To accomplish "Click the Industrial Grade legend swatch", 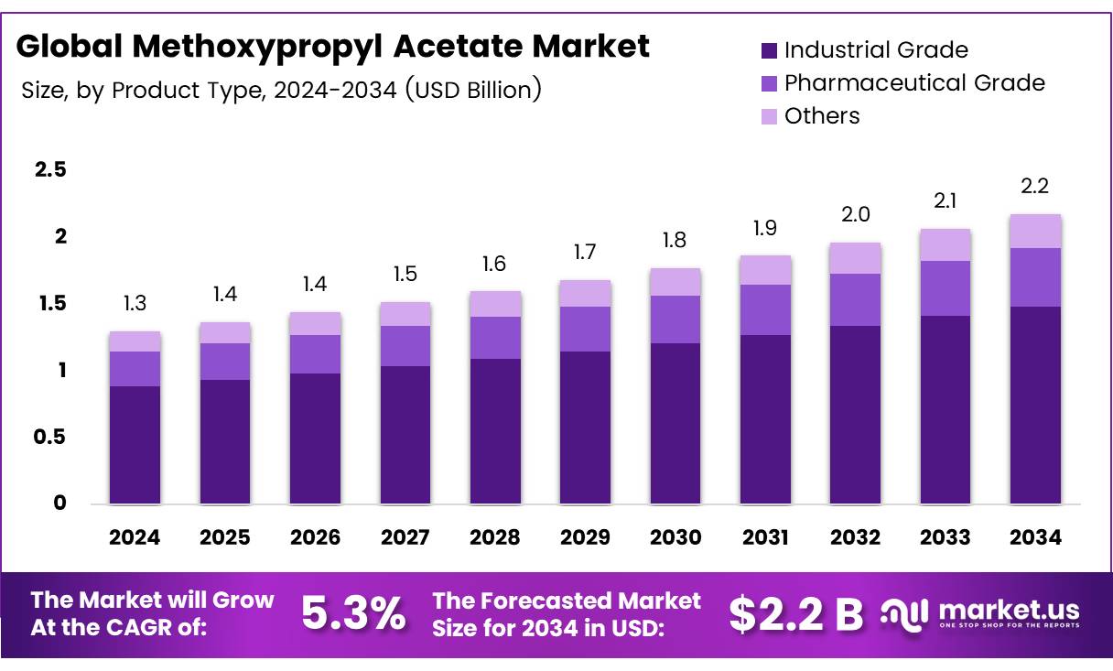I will pos(769,50).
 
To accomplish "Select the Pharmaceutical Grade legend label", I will pos(913,82).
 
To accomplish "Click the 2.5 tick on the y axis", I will pos(50,170).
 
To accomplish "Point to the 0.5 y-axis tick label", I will pos(50,438).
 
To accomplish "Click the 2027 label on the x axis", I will pos(405,538).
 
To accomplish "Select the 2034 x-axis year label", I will pos(1035,538).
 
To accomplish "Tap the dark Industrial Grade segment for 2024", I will pos(135,444).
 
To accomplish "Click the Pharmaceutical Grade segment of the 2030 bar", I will pos(675,319).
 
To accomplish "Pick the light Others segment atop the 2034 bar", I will pos(1035,231).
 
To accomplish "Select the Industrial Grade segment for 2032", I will pos(855,414).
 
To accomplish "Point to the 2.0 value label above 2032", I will pos(855,215).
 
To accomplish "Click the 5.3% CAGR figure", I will pos(353,614).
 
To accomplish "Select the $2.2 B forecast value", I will pos(795,614).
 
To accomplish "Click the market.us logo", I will pos(979,613).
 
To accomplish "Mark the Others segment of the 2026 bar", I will pos(315,323).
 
